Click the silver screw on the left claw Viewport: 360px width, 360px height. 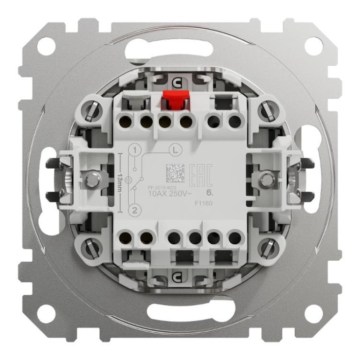(93, 179)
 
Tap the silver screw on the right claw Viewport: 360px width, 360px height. (266, 179)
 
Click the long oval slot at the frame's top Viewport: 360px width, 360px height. (179, 49)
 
